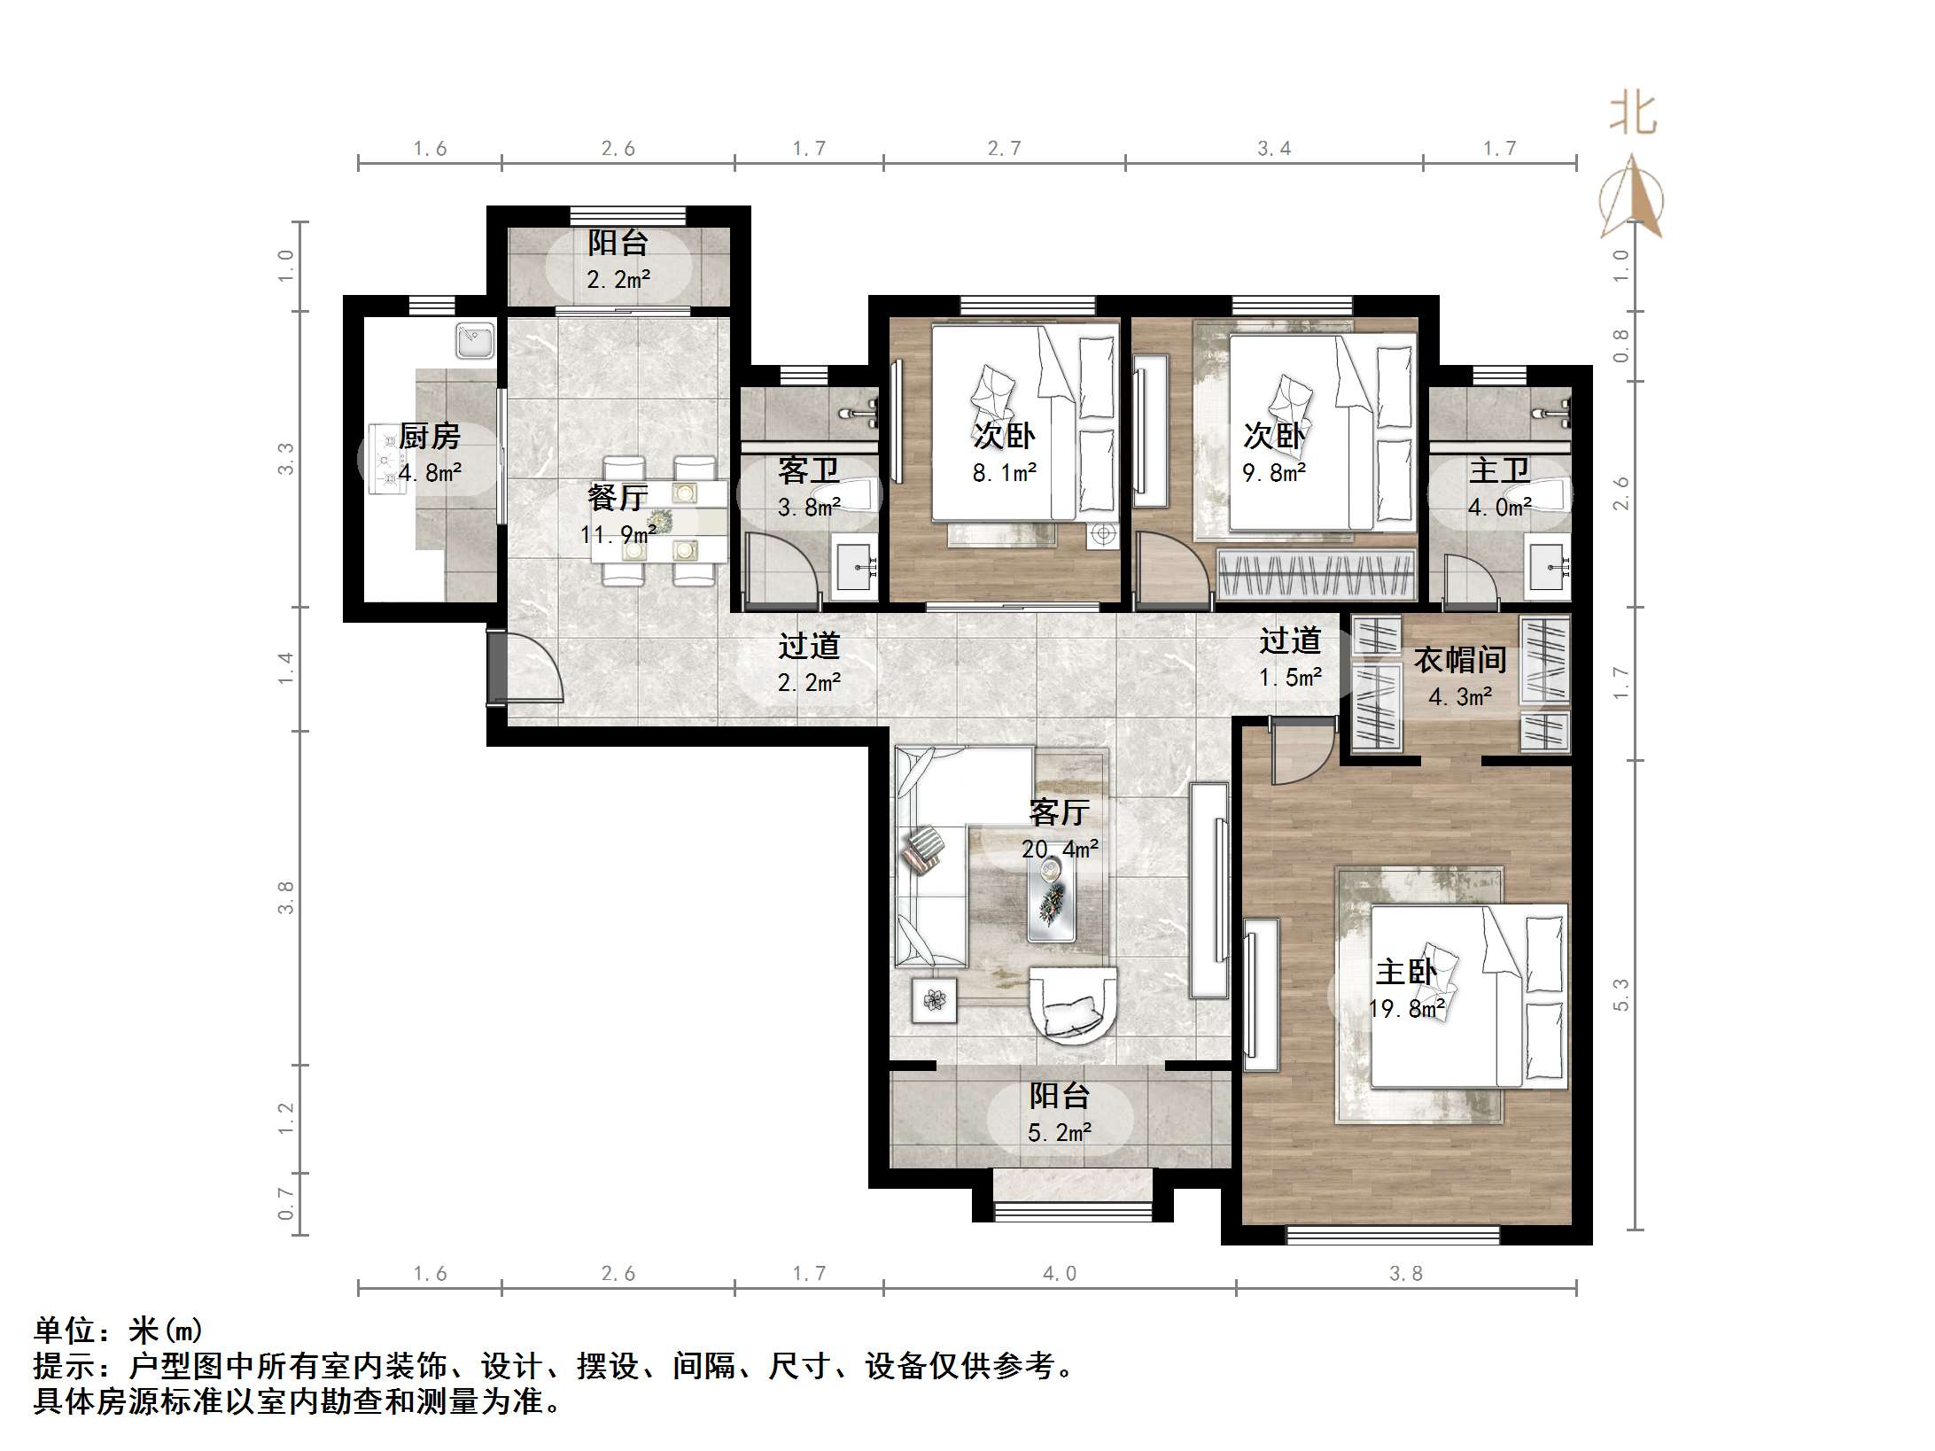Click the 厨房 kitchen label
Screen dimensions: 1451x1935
[x=430, y=436]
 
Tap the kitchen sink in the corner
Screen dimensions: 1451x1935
[x=475, y=341]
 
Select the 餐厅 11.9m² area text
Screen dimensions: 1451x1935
[x=618, y=534]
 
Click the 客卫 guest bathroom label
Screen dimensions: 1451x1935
[x=808, y=470]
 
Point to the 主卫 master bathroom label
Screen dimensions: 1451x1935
[x=1499, y=470]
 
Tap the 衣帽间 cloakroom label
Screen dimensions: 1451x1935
[x=1460, y=660]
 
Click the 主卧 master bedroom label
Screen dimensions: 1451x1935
[x=1406, y=972]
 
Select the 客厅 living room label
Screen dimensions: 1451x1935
[x=1060, y=811]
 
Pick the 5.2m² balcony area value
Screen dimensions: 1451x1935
[x=1060, y=1132]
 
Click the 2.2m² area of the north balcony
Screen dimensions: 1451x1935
[x=618, y=280]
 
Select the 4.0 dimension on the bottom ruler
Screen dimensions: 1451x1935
[x=1060, y=1274]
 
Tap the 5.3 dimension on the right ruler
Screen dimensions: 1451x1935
[x=1620, y=994]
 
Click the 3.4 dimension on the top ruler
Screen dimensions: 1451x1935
[x=1274, y=149]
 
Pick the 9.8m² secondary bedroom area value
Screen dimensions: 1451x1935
[x=1274, y=473]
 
